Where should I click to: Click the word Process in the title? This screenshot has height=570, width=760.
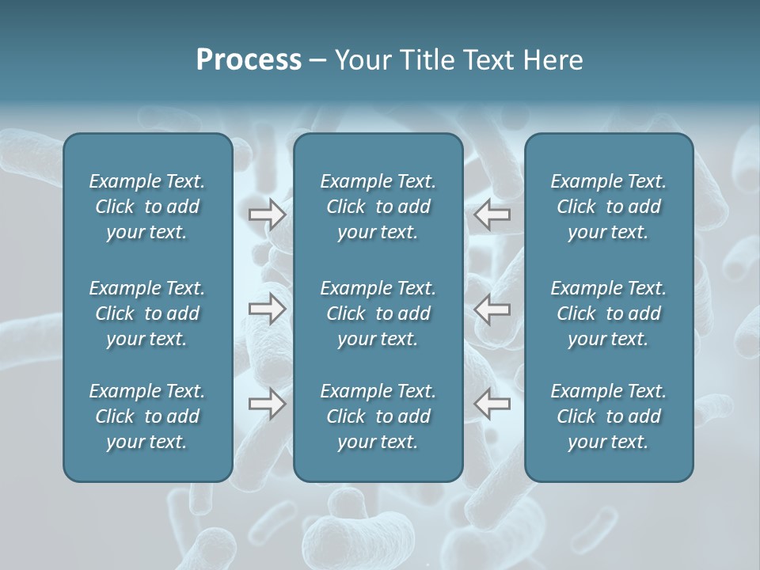[x=249, y=60]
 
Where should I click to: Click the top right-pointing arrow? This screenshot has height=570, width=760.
[x=267, y=215]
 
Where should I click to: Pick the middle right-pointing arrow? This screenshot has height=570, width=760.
[x=267, y=310]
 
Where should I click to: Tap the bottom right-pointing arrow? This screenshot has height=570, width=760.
[x=267, y=404]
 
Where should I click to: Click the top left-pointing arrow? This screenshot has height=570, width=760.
[x=492, y=215]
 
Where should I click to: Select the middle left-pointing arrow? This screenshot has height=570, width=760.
[x=492, y=310]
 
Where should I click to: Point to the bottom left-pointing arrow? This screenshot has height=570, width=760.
[x=492, y=404]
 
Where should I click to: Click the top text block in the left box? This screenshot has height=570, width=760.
[x=147, y=207]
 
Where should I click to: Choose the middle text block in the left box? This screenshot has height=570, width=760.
[x=147, y=313]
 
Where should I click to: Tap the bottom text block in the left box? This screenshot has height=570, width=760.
[x=147, y=416]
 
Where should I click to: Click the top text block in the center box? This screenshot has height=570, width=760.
[x=378, y=207]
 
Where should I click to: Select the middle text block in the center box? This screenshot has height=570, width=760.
[x=378, y=313]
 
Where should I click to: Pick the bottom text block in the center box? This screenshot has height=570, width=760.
[x=378, y=416]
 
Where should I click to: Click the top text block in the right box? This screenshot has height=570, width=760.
[x=608, y=207]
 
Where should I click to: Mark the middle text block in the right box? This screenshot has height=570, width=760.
[x=608, y=313]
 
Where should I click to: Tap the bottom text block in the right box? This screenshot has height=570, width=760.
[x=608, y=416]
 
